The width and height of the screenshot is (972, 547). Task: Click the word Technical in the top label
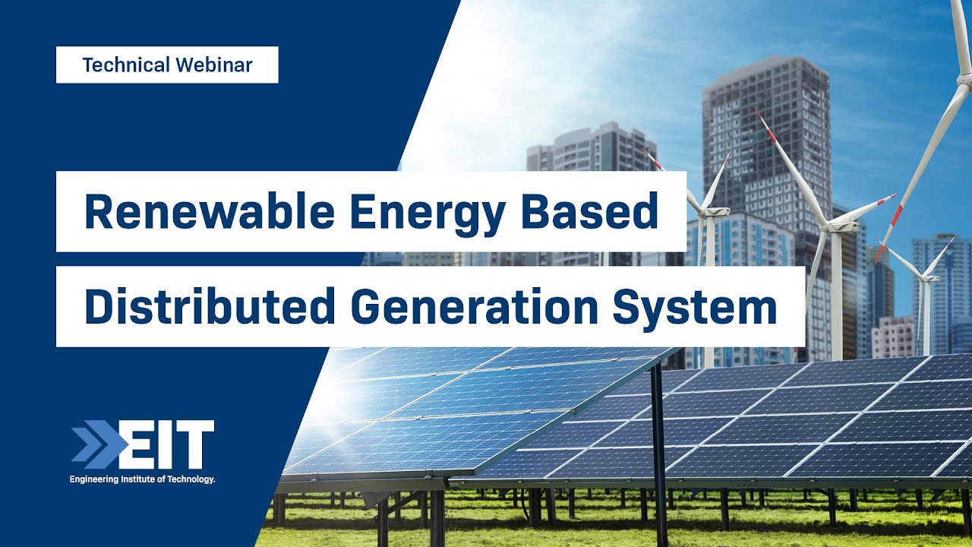pos(126,65)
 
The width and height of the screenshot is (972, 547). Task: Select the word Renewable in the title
pos(200,212)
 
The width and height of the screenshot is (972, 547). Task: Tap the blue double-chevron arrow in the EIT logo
pos(94,444)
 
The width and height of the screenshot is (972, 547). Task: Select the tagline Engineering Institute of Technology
pos(143,479)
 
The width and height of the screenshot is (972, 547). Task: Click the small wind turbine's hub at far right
pos(925,278)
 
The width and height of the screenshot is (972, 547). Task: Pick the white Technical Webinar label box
pos(167,65)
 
